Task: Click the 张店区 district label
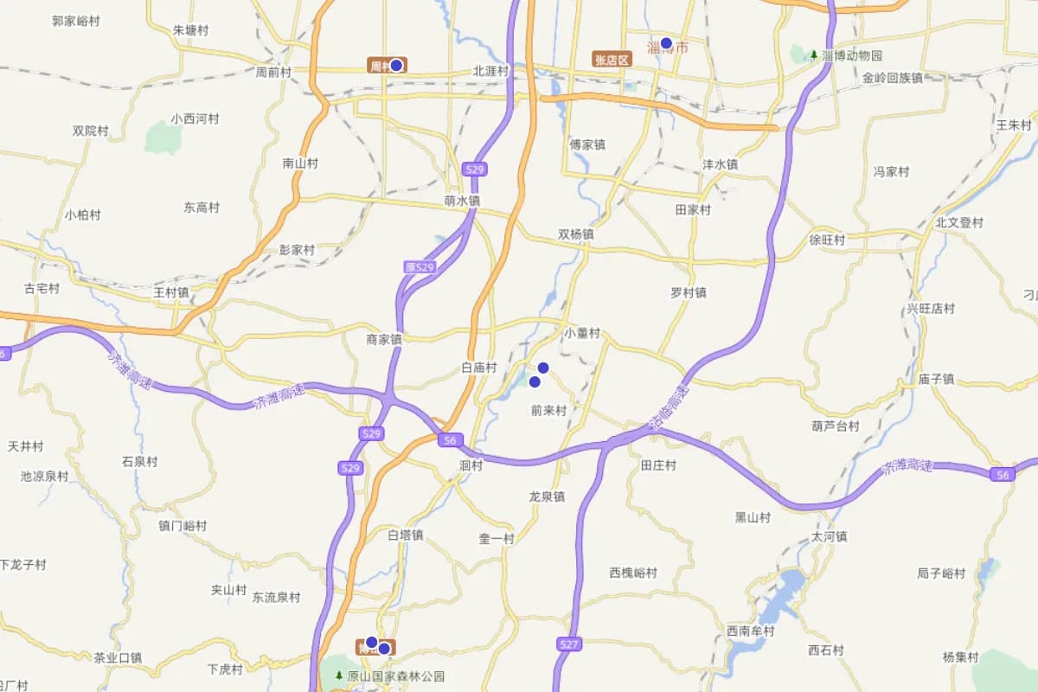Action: click(612, 60)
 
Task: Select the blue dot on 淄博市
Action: click(666, 42)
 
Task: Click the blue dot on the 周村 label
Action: click(396, 65)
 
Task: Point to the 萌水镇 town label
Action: click(461, 201)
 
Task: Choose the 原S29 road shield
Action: click(420, 267)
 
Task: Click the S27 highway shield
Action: click(568, 644)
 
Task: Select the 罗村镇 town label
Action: click(689, 292)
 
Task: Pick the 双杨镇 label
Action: click(576, 234)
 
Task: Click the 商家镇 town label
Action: click(384, 340)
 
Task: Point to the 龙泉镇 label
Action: click(547, 497)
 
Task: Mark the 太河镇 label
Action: click(829, 536)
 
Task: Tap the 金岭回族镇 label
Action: click(892, 78)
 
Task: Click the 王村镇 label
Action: click(171, 292)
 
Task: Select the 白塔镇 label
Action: click(405, 535)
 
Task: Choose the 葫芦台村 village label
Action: click(836, 426)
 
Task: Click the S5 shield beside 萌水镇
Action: click(473, 170)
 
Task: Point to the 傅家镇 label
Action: click(587, 145)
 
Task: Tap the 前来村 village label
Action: click(548, 412)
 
